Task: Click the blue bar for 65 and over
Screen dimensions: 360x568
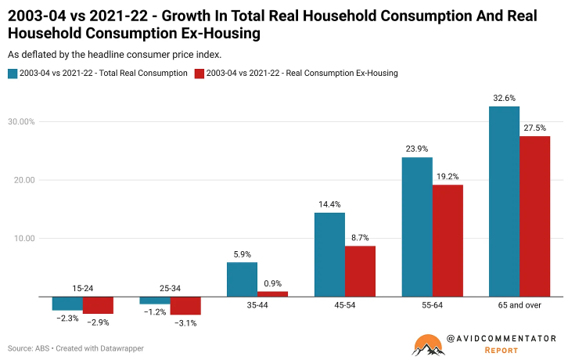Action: click(x=504, y=201)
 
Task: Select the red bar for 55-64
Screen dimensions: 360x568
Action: click(x=448, y=240)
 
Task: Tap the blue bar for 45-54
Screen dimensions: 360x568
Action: click(x=329, y=254)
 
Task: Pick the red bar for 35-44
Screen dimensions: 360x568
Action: click(x=272, y=294)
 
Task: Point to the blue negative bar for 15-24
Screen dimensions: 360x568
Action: click(x=67, y=304)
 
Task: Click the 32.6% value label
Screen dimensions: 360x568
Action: click(x=504, y=99)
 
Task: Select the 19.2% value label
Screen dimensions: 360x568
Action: click(x=448, y=177)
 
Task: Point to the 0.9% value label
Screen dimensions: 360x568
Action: click(x=272, y=283)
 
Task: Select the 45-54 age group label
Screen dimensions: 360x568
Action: click(x=329, y=305)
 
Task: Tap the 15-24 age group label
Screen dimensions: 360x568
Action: click(x=82, y=289)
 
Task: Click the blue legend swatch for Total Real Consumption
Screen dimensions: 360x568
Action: click(x=13, y=74)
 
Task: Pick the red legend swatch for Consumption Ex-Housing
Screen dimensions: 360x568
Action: click(x=200, y=74)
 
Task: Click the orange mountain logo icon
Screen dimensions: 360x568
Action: click(x=427, y=344)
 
